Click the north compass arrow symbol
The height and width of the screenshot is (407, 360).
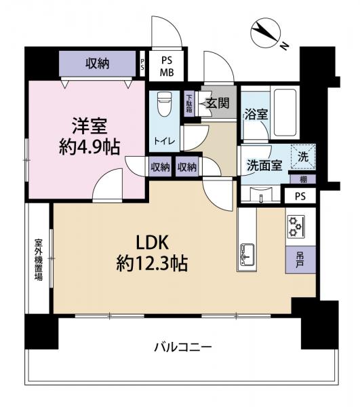pos(265,33)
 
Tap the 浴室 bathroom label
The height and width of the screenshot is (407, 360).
pos(256,115)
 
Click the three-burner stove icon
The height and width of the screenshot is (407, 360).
pos(298,226)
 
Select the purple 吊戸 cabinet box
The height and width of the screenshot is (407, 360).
pos(299,259)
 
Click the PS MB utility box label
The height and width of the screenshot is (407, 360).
pos(166,65)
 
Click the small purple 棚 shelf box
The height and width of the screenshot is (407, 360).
pos(301,178)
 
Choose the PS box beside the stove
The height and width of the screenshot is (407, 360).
pos(300,196)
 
